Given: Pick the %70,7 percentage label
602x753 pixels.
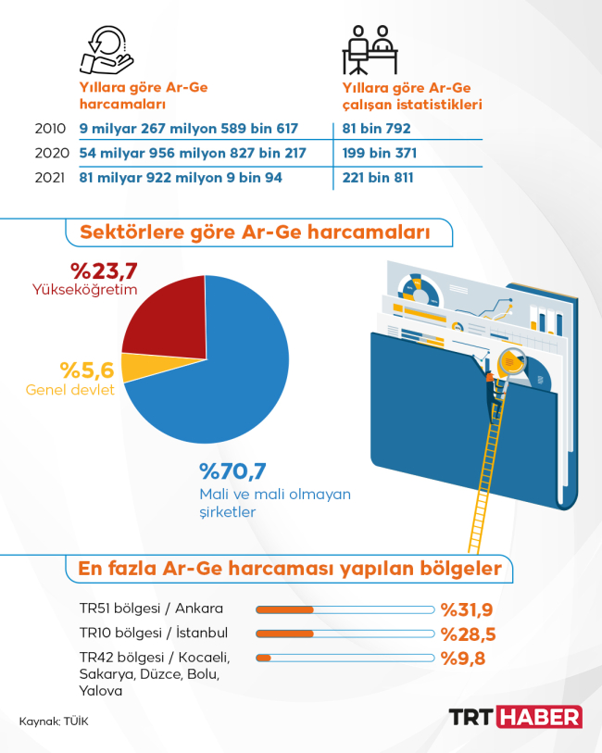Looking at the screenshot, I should point(232,473).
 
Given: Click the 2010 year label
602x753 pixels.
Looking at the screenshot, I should point(49,129).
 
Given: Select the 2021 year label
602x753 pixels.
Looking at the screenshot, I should point(49,177).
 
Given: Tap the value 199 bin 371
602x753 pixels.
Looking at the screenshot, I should point(378,153).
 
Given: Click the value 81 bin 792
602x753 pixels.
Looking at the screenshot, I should point(375,129).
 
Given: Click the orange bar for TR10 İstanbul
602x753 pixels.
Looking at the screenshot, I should point(284,634).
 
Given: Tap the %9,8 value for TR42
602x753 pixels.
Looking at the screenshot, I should point(463,659).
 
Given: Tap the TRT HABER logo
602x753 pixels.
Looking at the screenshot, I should point(515,717).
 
